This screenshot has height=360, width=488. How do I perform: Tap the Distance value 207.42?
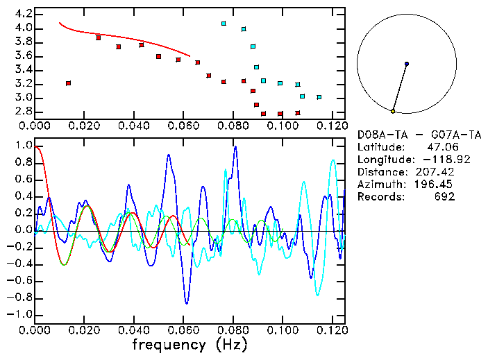pyautogui.click(x=438, y=171)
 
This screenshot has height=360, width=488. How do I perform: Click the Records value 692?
pyautogui.click(x=444, y=196)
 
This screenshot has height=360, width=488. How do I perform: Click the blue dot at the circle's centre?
pyautogui.click(x=406, y=64)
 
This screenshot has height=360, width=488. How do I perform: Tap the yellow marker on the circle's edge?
pyautogui.click(x=393, y=111)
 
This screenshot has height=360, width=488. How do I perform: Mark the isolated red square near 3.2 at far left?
pyautogui.click(x=68, y=83)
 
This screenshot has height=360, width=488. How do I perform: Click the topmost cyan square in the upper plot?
pyautogui.click(x=224, y=24)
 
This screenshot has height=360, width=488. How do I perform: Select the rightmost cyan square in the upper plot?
pyautogui.click(x=319, y=97)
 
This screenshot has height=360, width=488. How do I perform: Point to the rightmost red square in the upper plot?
pyautogui.click(x=297, y=113)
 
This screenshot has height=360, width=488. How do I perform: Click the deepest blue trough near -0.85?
pyautogui.click(x=186, y=302)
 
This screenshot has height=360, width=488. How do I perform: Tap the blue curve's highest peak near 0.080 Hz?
pyautogui.click(x=235, y=147)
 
